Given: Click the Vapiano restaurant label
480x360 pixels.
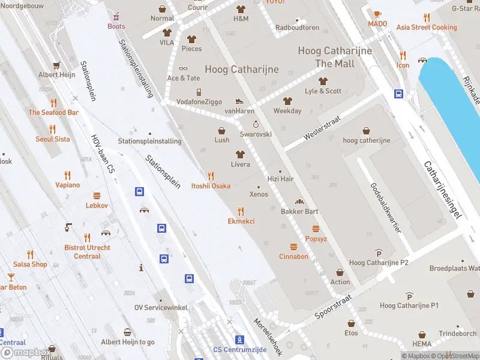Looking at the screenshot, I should coord(67,185).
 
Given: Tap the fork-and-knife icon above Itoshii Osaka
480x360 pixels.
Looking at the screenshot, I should coord(210,176).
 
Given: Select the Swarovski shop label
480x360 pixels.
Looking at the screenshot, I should coord(256,134).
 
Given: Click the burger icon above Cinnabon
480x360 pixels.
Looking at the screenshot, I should coord(293,247).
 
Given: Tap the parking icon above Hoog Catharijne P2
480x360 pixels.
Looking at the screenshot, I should coord(379,253).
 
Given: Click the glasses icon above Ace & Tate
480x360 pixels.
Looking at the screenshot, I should coord(183,68).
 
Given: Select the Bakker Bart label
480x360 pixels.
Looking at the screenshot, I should coord(299,211).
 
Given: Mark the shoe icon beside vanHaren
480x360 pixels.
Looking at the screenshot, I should coord(239,101).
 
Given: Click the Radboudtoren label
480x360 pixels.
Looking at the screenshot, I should coord(297,28).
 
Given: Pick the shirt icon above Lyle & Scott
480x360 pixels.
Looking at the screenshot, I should coord(323,81).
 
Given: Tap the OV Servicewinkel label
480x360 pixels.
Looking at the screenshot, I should coord(161,308).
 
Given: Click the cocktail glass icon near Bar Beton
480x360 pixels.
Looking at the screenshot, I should coord(11,277).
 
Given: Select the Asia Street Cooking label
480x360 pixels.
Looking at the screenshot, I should coord(427,28).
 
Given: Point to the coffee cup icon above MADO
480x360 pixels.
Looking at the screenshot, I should coord(377,14).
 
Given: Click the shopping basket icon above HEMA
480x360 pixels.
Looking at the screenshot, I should coord(422,334).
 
